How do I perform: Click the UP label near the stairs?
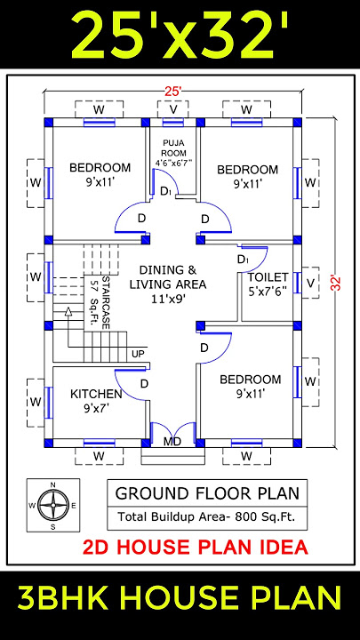click(138, 354)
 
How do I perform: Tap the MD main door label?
click(172, 441)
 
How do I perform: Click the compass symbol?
click(52, 506)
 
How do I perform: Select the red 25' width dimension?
click(172, 90)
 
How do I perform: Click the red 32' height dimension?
click(336, 283)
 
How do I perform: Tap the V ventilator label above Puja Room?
click(172, 109)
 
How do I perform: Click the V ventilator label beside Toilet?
click(309, 283)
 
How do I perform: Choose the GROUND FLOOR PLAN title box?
click(208, 493)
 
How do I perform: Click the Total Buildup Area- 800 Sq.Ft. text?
click(208, 516)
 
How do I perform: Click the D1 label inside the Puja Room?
click(165, 190)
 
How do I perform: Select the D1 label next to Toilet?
click(243, 258)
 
